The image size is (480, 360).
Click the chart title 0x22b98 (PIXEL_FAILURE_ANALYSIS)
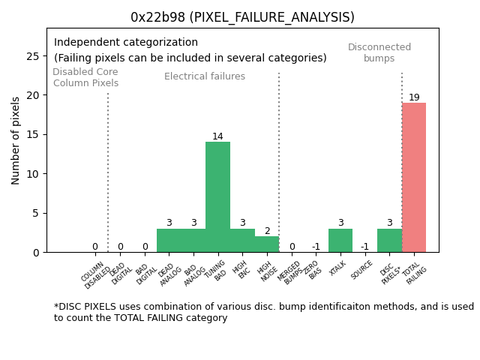(242, 17)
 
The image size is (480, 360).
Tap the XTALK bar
(340, 241)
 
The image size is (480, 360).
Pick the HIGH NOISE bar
(267, 244)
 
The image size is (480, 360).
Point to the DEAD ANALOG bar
(169, 241)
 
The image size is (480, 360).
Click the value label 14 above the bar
(217, 136)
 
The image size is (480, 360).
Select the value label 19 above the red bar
(414, 97)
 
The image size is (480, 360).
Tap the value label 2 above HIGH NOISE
(267, 231)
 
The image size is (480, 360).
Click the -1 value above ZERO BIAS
(316, 247)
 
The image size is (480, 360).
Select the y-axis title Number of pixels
(16, 140)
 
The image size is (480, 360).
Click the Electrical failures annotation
(205, 76)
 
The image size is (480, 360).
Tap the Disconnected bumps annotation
(379, 52)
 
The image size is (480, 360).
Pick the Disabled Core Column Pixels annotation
(85, 77)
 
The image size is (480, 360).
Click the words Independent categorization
(126, 43)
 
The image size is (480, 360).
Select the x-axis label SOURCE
(362, 269)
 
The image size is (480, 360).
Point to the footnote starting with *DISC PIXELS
(263, 312)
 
